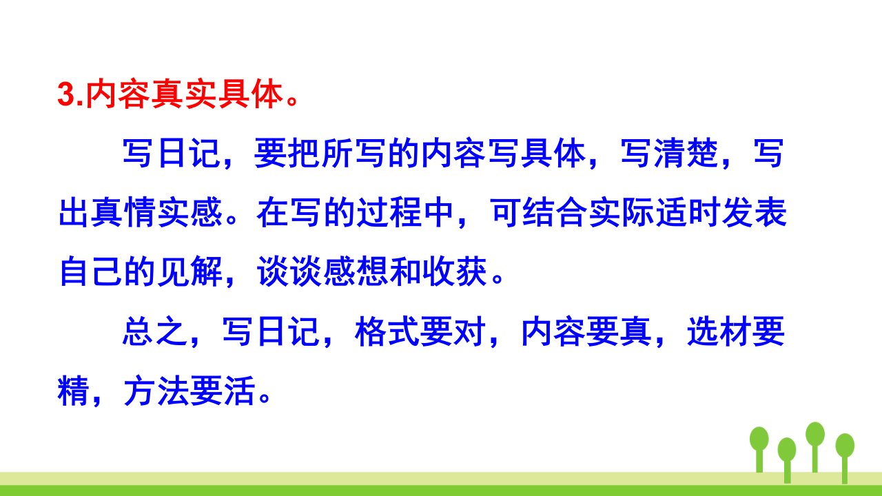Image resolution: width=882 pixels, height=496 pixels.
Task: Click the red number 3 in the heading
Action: click(66, 95)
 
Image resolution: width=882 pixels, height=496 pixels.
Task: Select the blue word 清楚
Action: click(687, 154)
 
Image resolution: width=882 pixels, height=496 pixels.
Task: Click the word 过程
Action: click(389, 213)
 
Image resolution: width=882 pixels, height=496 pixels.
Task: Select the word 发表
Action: click(755, 213)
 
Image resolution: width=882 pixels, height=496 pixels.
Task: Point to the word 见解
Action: click(190, 271)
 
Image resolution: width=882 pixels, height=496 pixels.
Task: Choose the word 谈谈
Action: click(289, 271)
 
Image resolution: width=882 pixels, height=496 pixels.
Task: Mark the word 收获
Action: click(455, 271)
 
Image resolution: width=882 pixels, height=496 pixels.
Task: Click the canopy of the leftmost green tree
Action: click(759, 439)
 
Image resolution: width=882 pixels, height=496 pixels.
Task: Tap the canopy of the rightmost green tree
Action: click(845, 445)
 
